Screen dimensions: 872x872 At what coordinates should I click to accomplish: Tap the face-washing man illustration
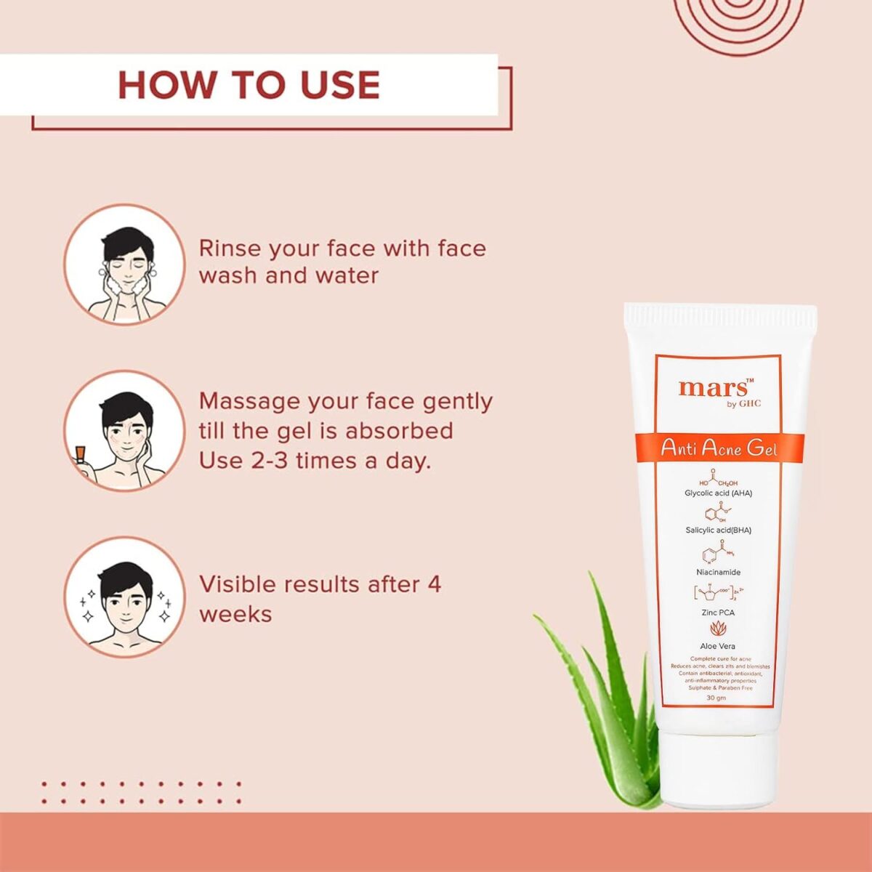pos(124,265)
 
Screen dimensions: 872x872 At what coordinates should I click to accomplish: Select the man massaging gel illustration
pos(124,431)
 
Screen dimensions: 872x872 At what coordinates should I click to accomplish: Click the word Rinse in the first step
pos(229,249)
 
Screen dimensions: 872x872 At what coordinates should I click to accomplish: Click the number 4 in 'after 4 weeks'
pos(434,584)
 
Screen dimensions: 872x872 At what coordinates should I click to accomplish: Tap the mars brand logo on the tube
pos(714,388)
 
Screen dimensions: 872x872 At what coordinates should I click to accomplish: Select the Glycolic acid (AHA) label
pos(718,493)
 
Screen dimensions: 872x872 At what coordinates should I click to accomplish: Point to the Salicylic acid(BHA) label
pos(718,530)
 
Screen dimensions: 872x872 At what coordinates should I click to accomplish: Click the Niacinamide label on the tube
pos(718,573)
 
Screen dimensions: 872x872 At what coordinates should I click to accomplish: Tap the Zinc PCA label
pos(718,613)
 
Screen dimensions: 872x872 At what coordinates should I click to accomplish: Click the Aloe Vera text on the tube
pos(717,646)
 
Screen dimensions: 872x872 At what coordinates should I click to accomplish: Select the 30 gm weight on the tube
pos(716,698)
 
